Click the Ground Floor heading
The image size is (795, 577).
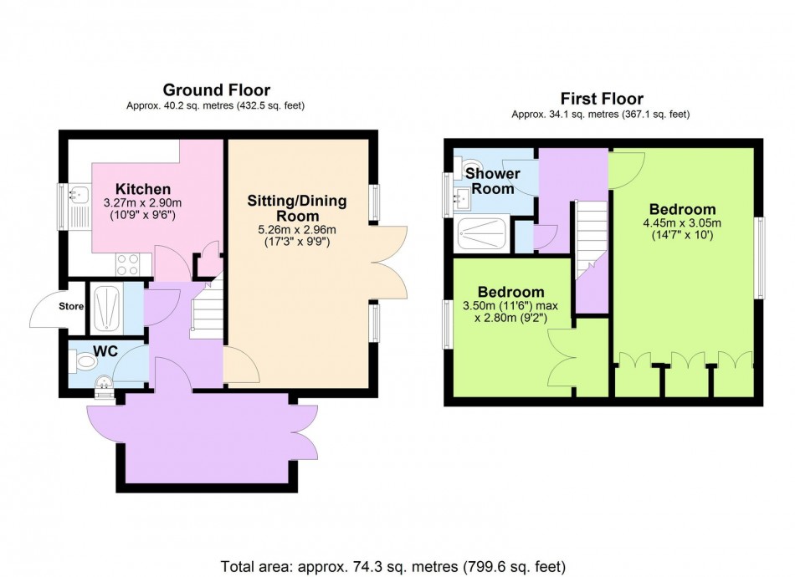click(216, 90)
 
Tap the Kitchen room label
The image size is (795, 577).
click(143, 189)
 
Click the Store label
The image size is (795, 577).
click(71, 306)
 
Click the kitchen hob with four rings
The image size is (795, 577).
click(127, 264)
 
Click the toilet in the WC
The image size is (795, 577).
click(85, 362)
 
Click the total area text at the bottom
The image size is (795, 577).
click(397, 564)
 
